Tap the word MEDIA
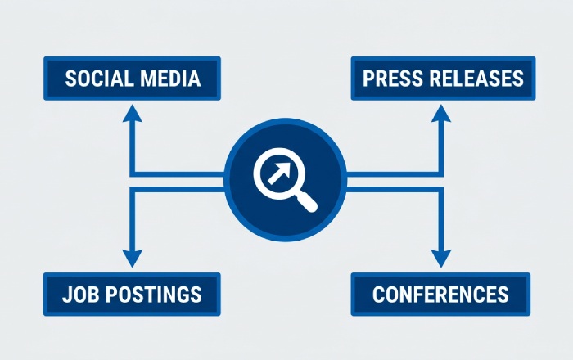[170, 79]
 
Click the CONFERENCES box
[440, 295]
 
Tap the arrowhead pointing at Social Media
[133, 113]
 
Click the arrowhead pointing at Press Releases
[441, 113]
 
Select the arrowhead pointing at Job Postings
[133, 259]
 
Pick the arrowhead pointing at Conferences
[441, 259]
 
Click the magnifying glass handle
[306, 201]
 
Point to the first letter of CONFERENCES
[378, 295]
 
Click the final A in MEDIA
[194, 79]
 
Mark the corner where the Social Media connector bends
[133, 174]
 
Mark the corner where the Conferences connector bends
[441, 189]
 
